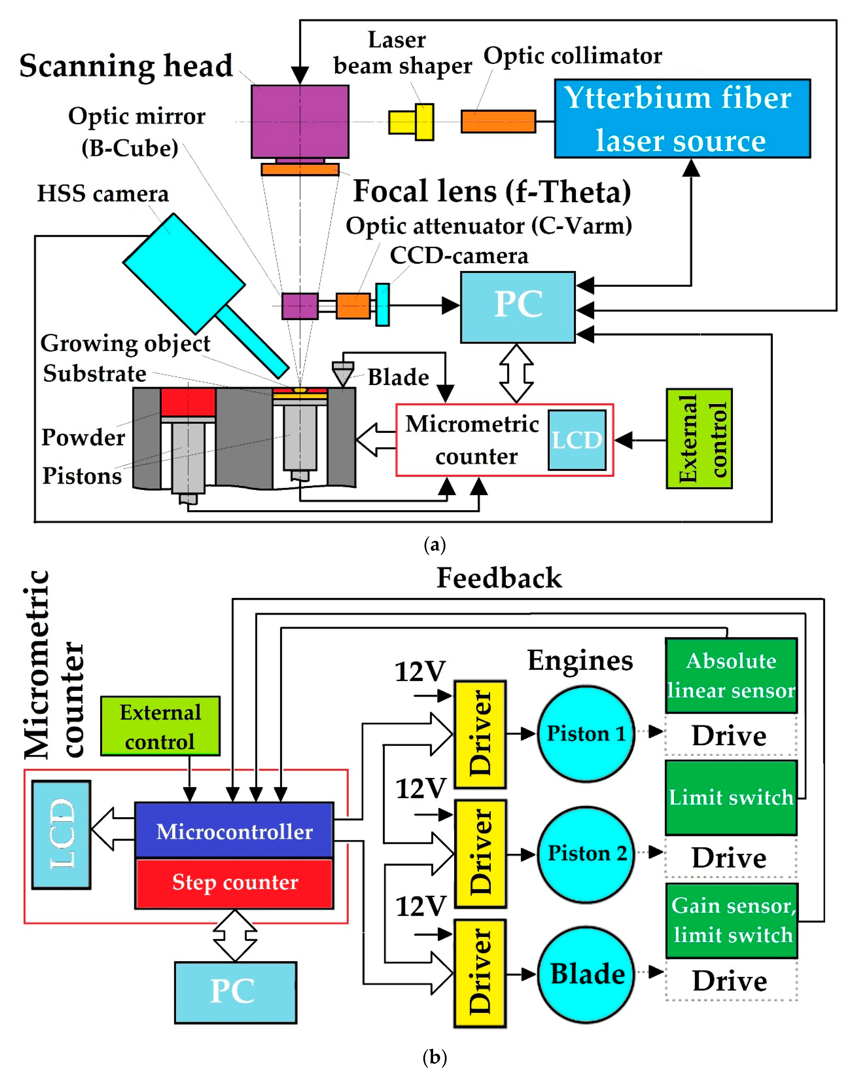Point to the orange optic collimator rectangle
[x=498, y=121]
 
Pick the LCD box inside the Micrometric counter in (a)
[x=577, y=440]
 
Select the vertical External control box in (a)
[x=699, y=438]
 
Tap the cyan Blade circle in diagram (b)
[x=586, y=974]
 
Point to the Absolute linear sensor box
[x=731, y=675]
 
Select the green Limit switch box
[x=731, y=797]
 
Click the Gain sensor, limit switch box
[x=731, y=920]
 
